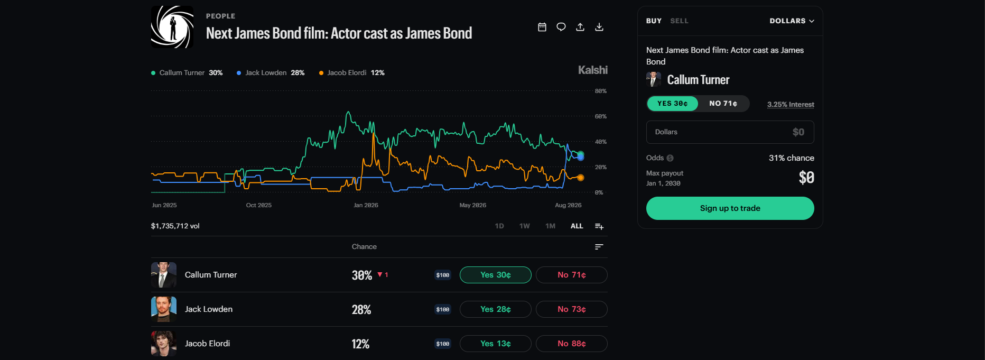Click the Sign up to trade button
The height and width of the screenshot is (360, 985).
[730, 208]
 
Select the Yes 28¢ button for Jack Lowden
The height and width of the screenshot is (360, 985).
[495, 309]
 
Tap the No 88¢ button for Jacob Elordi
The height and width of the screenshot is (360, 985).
[571, 344]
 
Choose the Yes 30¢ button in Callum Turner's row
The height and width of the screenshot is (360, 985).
[495, 275]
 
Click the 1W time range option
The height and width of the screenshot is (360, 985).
[524, 226]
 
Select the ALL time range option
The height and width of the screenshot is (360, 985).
[577, 226]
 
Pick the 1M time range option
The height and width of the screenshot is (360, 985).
[550, 226]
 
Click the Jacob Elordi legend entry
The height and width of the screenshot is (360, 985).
[351, 73]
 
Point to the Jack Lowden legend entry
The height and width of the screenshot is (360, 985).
[271, 73]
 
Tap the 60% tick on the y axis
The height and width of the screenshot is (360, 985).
[600, 116]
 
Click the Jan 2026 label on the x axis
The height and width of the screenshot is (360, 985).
[366, 205]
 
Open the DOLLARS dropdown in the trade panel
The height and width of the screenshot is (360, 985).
[792, 21]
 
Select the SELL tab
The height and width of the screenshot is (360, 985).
[679, 21]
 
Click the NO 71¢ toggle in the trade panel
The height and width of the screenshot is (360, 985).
[723, 104]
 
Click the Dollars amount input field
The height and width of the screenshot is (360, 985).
[730, 132]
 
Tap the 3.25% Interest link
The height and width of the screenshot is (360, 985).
[791, 105]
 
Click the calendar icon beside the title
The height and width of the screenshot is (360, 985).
[542, 27]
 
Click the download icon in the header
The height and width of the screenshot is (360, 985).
[599, 27]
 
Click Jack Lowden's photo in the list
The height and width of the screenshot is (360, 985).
[164, 309]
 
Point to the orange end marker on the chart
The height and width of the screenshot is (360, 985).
[580, 178]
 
